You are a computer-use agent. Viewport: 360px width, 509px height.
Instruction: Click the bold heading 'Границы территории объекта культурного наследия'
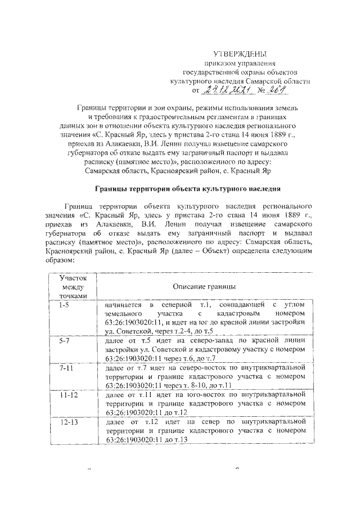[186, 188]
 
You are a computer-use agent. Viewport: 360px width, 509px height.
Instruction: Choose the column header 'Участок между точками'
[73, 286]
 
